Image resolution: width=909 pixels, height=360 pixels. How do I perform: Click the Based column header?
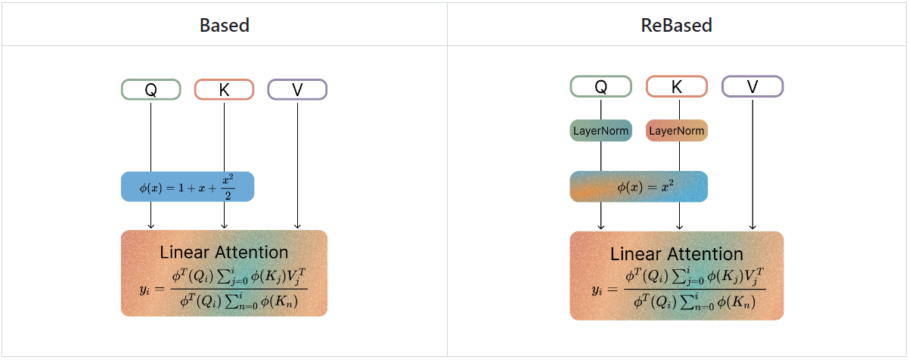pos(225,25)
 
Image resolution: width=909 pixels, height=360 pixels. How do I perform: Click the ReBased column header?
pos(676,25)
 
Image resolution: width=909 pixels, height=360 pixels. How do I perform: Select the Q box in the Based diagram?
pos(150,89)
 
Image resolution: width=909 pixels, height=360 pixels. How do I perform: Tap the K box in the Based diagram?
pos(224,89)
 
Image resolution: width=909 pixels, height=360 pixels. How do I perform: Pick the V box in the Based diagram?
pos(297,89)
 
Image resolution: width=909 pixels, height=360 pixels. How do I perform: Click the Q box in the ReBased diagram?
pos(600,86)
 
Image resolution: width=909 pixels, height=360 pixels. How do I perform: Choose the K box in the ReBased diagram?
pos(676,86)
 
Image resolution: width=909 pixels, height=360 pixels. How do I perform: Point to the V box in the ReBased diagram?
pos(752,86)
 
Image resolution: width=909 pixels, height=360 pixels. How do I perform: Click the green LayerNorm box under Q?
pos(600,131)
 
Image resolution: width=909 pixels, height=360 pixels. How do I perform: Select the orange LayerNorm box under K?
pos(677,131)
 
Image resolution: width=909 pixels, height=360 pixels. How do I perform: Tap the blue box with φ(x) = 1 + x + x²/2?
pos(188,186)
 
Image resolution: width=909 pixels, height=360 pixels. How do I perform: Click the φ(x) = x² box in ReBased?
pos(638,187)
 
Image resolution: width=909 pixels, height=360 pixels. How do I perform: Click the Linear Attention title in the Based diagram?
pos(224,252)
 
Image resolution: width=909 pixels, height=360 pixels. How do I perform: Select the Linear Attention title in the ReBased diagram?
pos(676,254)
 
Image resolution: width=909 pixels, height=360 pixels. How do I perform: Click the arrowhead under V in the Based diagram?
pos(297,225)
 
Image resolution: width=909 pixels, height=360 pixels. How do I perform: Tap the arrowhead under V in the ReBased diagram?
pos(752,225)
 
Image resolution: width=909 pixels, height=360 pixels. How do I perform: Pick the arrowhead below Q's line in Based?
pos(150,225)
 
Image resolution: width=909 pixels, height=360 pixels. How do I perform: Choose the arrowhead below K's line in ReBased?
pos(679,225)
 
